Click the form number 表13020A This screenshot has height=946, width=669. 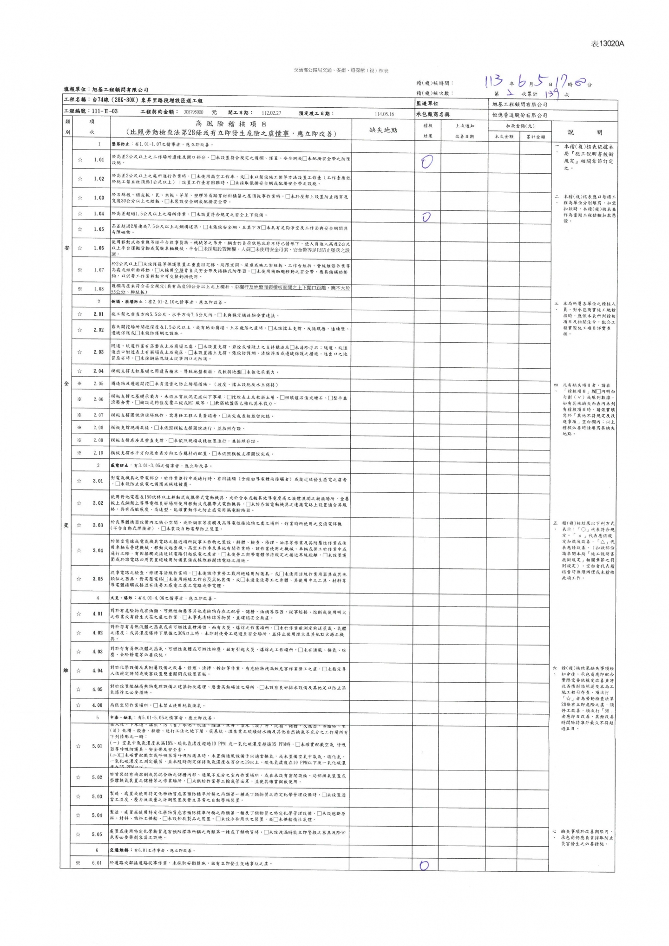pyautogui.click(x=607, y=44)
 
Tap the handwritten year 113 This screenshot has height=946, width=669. pyautogui.click(x=494, y=82)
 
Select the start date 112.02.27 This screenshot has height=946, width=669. pyautogui.click(x=271, y=112)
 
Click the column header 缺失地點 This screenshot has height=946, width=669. pyautogui.click(x=383, y=130)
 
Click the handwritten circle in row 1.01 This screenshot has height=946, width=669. pyautogui.click(x=426, y=162)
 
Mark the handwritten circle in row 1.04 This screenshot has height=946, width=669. pyautogui.click(x=426, y=217)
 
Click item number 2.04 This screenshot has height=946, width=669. pyautogui.click(x=98, y=371)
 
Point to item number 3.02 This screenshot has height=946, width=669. pyautogui.click(x=98, y=503)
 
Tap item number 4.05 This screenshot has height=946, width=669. pyautogui.click(x=98, y=689)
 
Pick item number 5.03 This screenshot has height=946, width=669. pyautogui.click(x=97, y=796)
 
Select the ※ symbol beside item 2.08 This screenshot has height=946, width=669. pyautogui.click(x=79, y=428)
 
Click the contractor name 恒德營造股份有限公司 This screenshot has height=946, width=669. pyautogui.click(x=519, y=115)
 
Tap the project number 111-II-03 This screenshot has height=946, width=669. pyautogui.click(x=105, y=111)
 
